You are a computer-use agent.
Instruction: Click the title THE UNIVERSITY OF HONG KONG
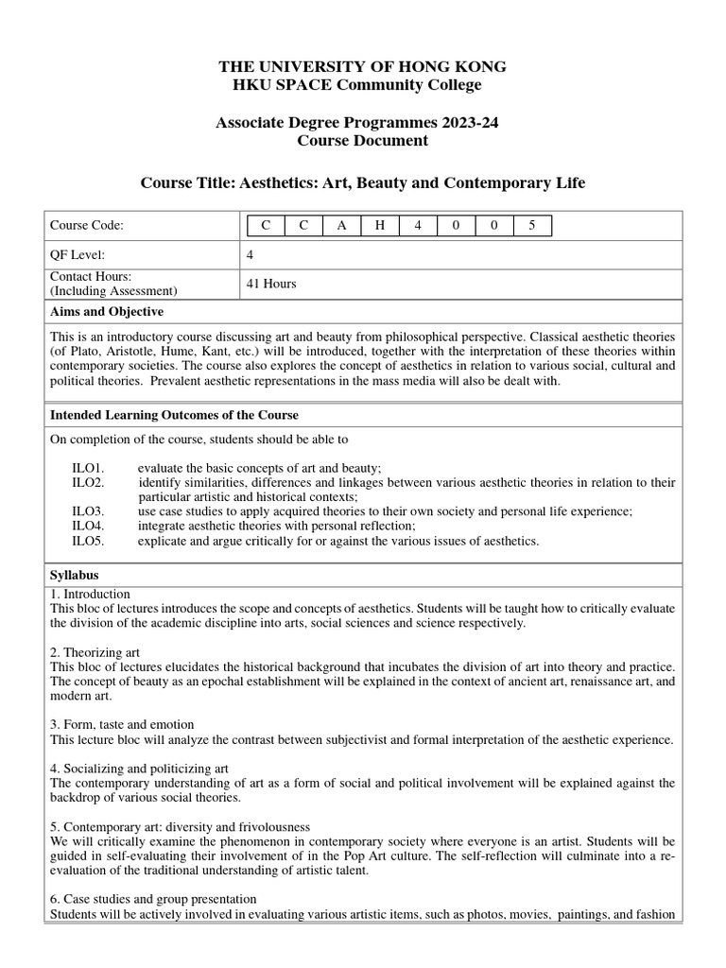point(362,67)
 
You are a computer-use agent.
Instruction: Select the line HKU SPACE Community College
point(362,85)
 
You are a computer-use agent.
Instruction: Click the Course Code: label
point(87,225)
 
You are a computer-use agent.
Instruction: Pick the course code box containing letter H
point(380,225)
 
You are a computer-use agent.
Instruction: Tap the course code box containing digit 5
point(531,225)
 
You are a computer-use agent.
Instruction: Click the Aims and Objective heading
point(106,311)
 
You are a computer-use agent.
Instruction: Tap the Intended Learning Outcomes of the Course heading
point(174,415)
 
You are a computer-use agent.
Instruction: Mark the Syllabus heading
point(74,575)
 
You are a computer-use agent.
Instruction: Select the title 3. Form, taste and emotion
point(122,724)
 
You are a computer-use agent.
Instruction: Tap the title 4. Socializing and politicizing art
point(139,768)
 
